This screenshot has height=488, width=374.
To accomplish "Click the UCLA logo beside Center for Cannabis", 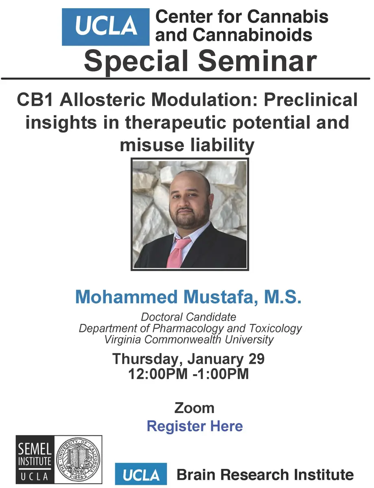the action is [105, 27].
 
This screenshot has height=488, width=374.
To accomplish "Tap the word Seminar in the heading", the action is [258, 61].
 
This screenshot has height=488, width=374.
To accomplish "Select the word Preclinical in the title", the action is [311, 100].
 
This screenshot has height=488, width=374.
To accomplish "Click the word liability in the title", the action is [222, 146].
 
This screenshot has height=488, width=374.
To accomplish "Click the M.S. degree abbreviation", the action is [282, 296].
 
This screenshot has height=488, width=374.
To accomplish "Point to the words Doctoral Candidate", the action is [188, 317].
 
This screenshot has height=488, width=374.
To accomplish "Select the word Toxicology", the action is [276, 329].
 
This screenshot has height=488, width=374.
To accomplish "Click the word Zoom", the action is [194, 408].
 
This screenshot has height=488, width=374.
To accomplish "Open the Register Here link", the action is [195, 426].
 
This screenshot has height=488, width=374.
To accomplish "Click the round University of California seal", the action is [78, 460].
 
